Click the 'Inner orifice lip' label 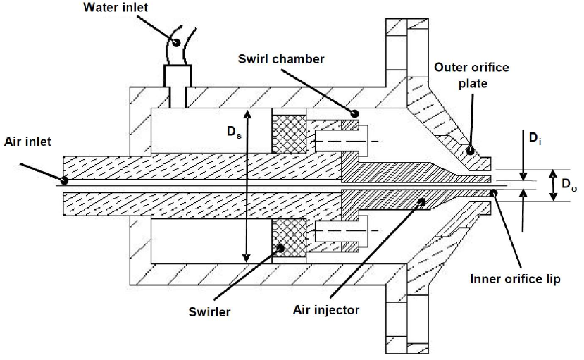tap(515, 279)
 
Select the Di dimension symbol tap(538, 139)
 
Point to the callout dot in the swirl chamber tap(354, 113)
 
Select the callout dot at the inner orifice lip tap(495, 192)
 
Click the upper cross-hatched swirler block tap(289, 133)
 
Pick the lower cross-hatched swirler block tap(289, 238)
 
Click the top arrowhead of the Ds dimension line tap(245, 112)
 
